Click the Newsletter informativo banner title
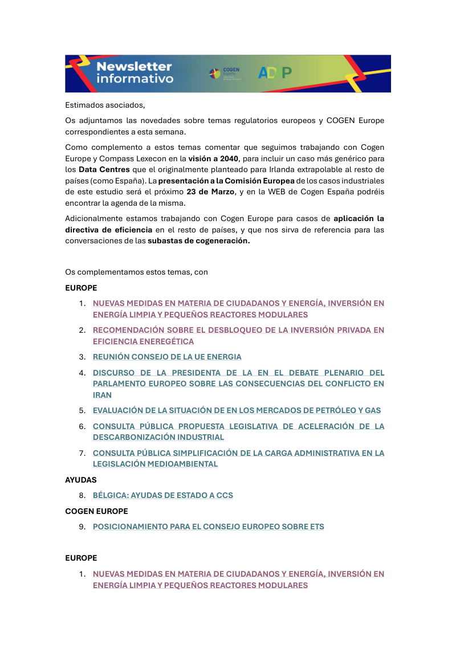(135, 72)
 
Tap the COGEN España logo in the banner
(225, 73)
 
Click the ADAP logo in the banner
(275, 72)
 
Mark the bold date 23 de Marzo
(210, 191)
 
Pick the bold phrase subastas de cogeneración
(198, 240)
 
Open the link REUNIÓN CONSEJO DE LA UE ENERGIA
(167, 357)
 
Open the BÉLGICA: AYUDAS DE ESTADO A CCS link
(163, 495)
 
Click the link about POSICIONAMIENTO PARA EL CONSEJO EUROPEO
(209, 526)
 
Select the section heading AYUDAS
(81, 480)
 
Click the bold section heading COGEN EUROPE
(96, 511)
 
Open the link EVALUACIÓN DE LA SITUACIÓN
(237, 410)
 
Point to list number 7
(82, 453)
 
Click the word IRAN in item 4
(103, 395)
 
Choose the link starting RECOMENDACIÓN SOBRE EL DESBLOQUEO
(238, 330)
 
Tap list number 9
(82, 526)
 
